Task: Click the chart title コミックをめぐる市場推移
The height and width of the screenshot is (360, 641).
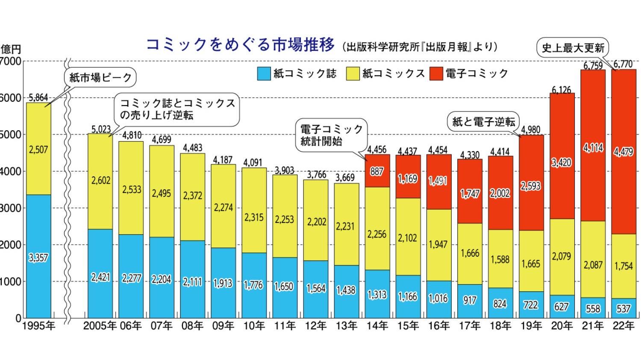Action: coord(240,45)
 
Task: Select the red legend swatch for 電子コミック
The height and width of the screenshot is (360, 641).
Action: coord(437,73)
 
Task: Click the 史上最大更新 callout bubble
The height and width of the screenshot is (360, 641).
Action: coord(573,48)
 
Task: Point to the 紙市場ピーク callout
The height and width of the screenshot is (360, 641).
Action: coord(100,78)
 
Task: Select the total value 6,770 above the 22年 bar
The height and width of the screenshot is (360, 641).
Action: coord(623,64)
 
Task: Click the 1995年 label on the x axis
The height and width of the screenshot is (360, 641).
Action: coord(38,326)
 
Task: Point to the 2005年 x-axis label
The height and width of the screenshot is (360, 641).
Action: coord(100,326)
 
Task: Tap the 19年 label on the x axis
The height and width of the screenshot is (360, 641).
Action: coord(531,326)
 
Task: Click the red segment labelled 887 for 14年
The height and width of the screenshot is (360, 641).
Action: coord(377,171)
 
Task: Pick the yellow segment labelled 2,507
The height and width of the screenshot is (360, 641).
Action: coord(38,149)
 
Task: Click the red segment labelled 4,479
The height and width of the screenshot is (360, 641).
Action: coord(623,152)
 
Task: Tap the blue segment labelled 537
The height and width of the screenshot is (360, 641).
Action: coord(623,308)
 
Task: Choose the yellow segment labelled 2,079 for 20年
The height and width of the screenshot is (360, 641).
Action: coord(562,256)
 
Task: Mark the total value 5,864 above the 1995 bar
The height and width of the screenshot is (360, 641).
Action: coord(38,98)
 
